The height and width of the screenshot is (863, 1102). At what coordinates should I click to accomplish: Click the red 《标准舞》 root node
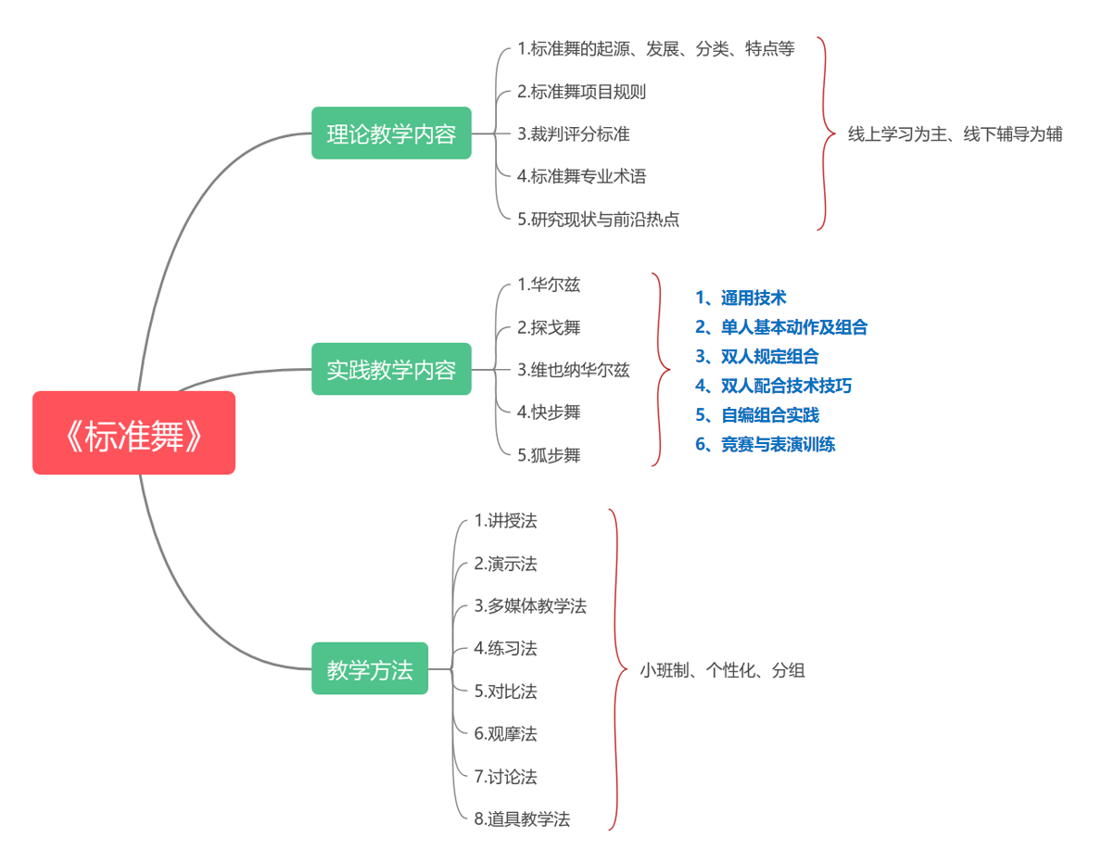[133, 433]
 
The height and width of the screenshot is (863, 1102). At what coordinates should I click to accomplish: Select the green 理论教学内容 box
[391, 133]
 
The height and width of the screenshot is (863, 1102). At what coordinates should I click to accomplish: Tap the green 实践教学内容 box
[391, 369]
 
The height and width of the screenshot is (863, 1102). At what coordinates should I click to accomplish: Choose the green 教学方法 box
[370, 668]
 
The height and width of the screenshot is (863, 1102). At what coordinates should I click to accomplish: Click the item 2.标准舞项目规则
[581, 92]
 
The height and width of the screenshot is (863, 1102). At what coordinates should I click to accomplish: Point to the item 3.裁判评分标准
[574, 134]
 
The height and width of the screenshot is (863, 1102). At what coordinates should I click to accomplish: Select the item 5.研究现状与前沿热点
[598, 220]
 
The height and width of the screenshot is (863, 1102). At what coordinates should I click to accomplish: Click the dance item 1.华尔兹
[549, 285]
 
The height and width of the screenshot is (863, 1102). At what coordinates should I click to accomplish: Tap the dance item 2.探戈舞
[549, 327]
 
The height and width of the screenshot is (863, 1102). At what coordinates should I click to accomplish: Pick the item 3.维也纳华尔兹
[574, 370]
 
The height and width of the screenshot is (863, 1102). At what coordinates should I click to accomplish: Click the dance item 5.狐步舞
[549, 455]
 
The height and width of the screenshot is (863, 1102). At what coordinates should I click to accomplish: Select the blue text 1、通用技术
[741, 298]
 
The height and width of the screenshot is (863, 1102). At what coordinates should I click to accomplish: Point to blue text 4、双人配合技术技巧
[773, 386]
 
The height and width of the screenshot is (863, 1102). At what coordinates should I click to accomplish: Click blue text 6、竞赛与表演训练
[765, 444]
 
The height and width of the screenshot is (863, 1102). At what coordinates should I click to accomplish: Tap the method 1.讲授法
[505, 520]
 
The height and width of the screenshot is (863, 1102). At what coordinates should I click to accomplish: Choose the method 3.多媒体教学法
[530, 606]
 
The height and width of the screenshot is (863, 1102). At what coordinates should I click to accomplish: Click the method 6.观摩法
[505, 734]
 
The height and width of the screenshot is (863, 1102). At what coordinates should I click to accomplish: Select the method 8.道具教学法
[522, 819]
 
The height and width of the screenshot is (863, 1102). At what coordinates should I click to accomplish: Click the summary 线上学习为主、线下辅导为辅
[955, 134]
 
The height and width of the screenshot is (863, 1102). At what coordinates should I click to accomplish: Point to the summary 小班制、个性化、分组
[722, 670]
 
